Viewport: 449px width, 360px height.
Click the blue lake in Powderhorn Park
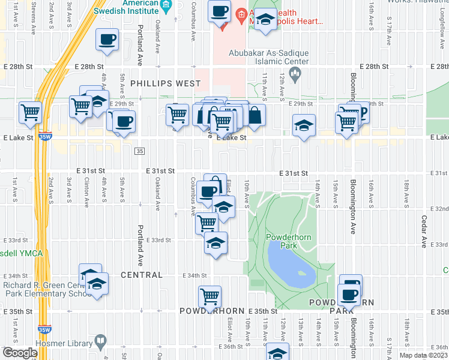[291, 266]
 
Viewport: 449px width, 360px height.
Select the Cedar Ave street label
[424, 232]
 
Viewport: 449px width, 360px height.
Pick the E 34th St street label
[194, 275]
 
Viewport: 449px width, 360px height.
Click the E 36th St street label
[232, 346]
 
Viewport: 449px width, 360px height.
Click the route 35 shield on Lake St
[139, 150]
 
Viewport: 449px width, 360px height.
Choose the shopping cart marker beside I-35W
[30, 112]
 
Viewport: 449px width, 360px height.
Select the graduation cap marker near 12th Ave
[304, 126]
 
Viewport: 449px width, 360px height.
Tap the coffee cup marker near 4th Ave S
[107, 40]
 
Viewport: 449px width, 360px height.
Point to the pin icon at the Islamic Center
[295, 74]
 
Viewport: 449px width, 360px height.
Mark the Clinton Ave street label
[87, 193]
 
